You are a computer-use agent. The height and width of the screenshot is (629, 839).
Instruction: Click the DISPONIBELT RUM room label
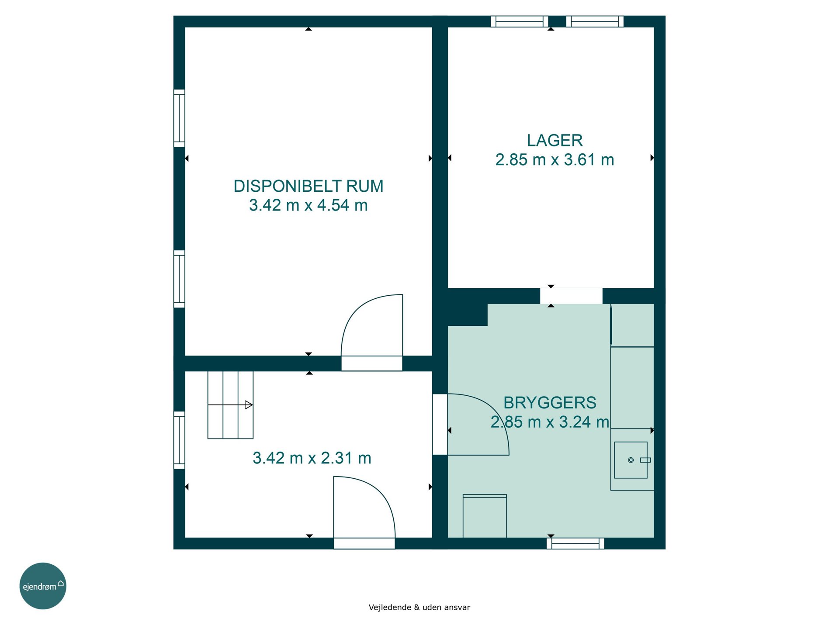tap(309, 186)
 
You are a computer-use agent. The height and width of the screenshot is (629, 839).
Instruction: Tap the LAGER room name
tap(555, 140)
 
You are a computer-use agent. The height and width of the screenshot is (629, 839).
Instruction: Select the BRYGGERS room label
tap(550, 402)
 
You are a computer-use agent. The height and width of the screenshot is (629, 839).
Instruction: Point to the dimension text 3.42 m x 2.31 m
tap(312, 458)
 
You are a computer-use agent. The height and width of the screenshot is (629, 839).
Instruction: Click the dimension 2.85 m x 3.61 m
tap(555, 159)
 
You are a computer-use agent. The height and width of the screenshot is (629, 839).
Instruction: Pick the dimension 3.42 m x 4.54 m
tap(309, 205)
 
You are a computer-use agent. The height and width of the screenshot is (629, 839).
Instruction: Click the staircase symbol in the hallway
tap(230, 405)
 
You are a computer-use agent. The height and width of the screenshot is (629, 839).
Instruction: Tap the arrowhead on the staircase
tap(249, 405)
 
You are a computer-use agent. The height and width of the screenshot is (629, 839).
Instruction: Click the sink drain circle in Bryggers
tap(631, 460)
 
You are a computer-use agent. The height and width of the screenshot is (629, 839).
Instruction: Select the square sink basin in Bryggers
tap(631, 460)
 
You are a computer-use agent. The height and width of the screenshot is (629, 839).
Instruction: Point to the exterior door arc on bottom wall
tap(381, 490)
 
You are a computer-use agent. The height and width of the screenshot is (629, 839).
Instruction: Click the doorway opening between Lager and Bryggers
tap(571, 296)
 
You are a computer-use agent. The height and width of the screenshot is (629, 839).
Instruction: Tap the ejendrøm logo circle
tap(43, 586)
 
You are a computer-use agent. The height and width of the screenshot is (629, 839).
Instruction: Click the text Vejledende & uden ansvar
tap(419, 607)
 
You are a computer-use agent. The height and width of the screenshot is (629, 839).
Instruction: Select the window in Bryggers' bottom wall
tap(576, 543)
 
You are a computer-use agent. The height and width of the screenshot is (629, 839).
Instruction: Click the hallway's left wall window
tap(179, 440)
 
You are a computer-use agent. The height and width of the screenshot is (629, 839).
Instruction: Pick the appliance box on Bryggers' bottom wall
tap(485, 516)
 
